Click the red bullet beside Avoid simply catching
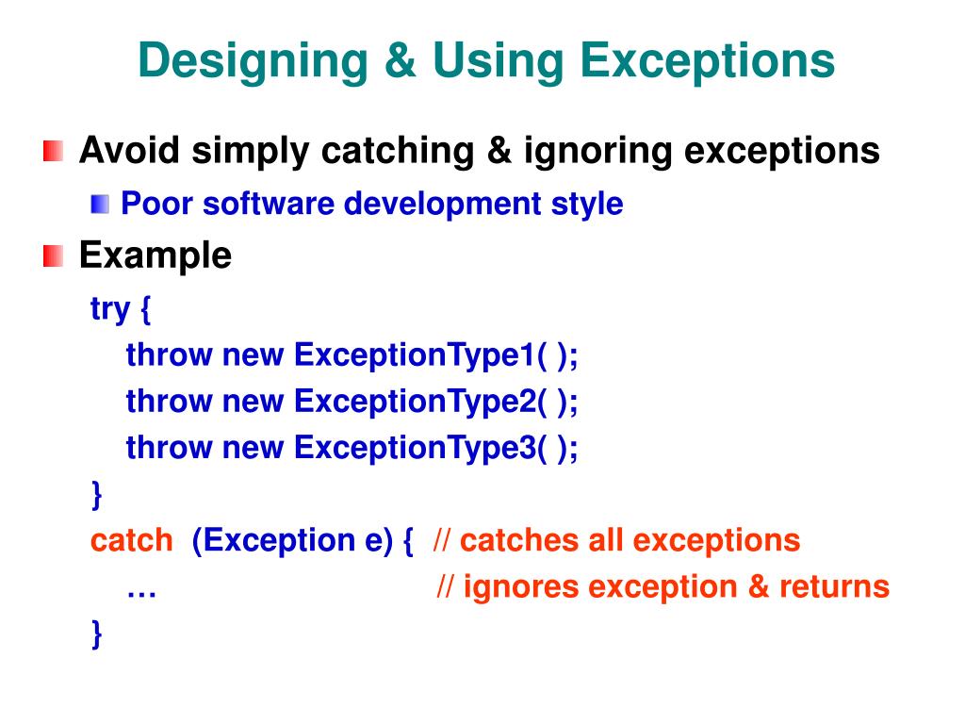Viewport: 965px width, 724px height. (x=54, y=151)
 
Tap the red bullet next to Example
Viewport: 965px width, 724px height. (x=54, y=255)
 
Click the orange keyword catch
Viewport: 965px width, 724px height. (x=131, y=540)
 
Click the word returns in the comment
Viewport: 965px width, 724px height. (x=834, y=586)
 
